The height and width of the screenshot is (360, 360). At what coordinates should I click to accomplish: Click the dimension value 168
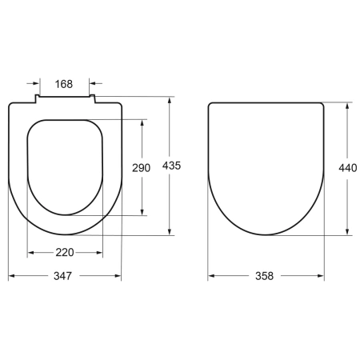click(65, 82)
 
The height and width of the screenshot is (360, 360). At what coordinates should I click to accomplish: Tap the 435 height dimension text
click(171, 166)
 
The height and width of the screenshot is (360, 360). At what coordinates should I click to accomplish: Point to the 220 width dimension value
click(65, 253)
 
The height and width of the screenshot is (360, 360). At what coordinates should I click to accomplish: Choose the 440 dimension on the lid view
click(348, 168)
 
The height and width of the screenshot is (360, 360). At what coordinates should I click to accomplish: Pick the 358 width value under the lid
click(265, 276)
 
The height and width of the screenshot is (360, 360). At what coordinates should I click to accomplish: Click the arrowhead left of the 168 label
click(34, 82)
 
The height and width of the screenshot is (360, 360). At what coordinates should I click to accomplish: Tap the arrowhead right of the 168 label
click(94, 82)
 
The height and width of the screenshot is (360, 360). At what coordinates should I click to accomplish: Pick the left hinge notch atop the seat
click(37, 99)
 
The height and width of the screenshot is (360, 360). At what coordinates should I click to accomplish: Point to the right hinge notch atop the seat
click(93, 99)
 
